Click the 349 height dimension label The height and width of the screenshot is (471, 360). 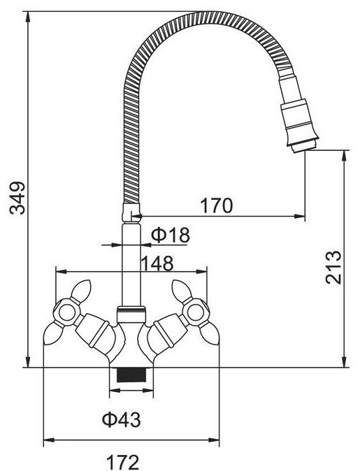point(17,198)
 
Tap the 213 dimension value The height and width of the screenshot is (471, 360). point(333,267)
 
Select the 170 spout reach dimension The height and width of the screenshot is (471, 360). point(217,205)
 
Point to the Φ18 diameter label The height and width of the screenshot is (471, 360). point(170,235)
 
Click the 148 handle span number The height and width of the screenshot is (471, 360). point(157,263)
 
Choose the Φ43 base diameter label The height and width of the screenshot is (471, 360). point(121,419)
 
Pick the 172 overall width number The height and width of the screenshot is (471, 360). point(123,463)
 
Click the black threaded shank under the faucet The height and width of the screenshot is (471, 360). point(131,375)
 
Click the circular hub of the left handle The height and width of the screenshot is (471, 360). point(66,312)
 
